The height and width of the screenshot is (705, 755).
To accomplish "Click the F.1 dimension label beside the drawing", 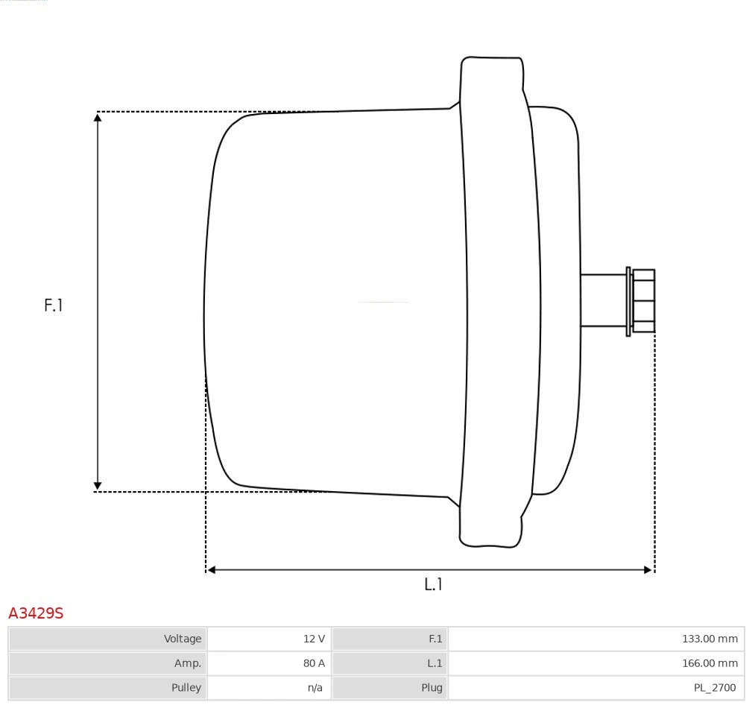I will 54,305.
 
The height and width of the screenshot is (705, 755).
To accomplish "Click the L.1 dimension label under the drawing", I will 433,584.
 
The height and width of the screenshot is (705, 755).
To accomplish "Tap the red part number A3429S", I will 36,613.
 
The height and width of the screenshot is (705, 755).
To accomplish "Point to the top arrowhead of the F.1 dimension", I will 98,116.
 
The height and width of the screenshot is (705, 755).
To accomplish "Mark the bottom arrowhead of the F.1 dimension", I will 98,487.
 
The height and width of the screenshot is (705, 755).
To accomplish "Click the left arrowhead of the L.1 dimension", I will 211,570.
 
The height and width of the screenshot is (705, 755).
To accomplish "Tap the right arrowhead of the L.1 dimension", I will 648,570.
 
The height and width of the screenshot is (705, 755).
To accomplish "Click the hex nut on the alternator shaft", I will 643,300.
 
